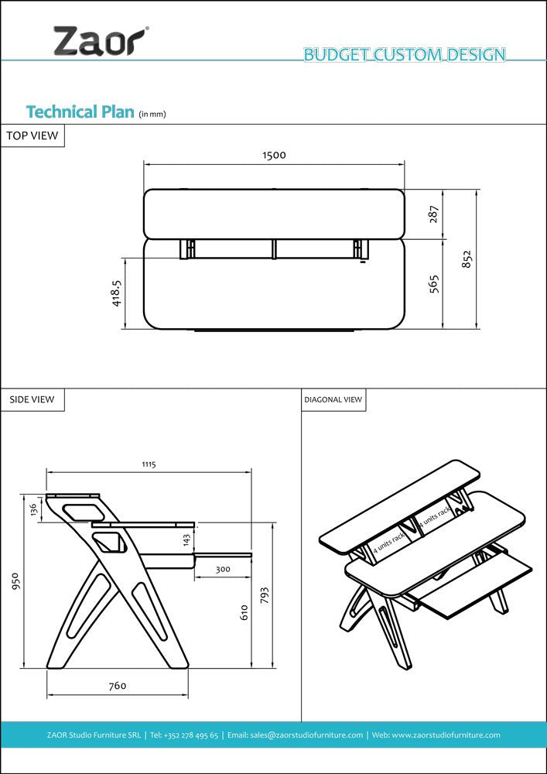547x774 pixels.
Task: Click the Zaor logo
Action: pos(99,40)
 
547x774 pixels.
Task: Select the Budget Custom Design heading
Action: pos(404,54)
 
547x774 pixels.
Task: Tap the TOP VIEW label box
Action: pos(32,135)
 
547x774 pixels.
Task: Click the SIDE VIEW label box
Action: pos(32,399)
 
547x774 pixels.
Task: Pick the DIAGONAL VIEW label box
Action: pos(333,399)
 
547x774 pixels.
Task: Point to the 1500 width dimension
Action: pos(274,155)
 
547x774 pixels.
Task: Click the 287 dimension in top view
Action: pos(434,214)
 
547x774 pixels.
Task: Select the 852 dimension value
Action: pos(467,259)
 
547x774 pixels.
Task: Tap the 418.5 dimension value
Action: pos(116,293)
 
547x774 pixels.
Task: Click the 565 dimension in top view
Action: pos(434,283)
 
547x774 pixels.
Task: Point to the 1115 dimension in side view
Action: pos(149,464)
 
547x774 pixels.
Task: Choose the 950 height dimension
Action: pos(14,581)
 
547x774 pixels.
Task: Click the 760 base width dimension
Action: pos(117,685)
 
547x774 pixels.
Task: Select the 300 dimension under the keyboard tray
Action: pos(223,569)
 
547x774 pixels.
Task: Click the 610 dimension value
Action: pos(244,612)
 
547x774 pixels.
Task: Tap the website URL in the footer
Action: pos(446,735)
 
